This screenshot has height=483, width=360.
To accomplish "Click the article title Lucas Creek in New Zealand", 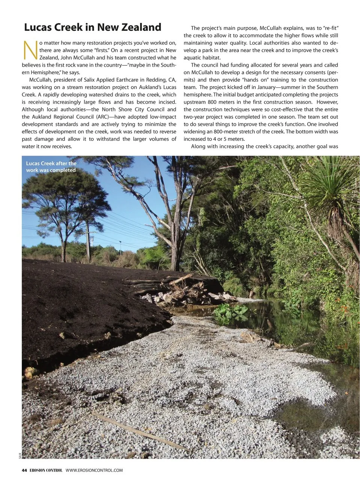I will [93, 27].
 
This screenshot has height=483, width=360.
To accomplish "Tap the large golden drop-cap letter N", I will [30, 50].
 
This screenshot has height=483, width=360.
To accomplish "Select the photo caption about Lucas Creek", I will [51, 167].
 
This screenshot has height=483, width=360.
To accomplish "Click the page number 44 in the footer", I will [24, 470].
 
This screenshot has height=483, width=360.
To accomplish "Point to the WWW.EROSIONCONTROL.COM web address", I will [94, 470].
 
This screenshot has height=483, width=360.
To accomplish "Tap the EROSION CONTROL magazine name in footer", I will [46, 470].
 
